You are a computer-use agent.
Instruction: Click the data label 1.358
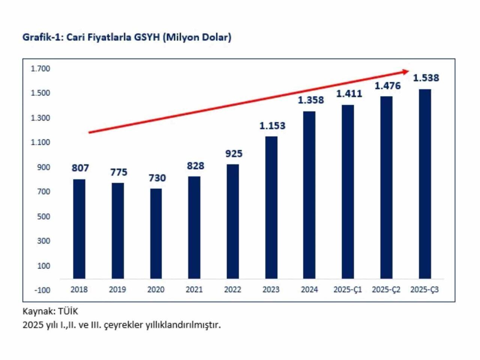point(311,100)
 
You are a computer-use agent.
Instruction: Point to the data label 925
point(234,154)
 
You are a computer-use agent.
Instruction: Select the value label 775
point(118,172)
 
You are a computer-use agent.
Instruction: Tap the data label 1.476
point(388,86)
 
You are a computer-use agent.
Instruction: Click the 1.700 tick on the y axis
point(40,69)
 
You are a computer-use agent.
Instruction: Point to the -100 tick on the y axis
point(42,290)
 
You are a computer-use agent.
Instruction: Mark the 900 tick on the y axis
point(43,167)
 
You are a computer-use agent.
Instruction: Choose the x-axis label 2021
point(194,290)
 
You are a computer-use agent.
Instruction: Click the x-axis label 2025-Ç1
point(348,290)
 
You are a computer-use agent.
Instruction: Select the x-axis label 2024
point(309,290)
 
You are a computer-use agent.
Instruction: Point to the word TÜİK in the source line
point(68,311)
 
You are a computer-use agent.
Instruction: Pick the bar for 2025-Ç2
point(386,187)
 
